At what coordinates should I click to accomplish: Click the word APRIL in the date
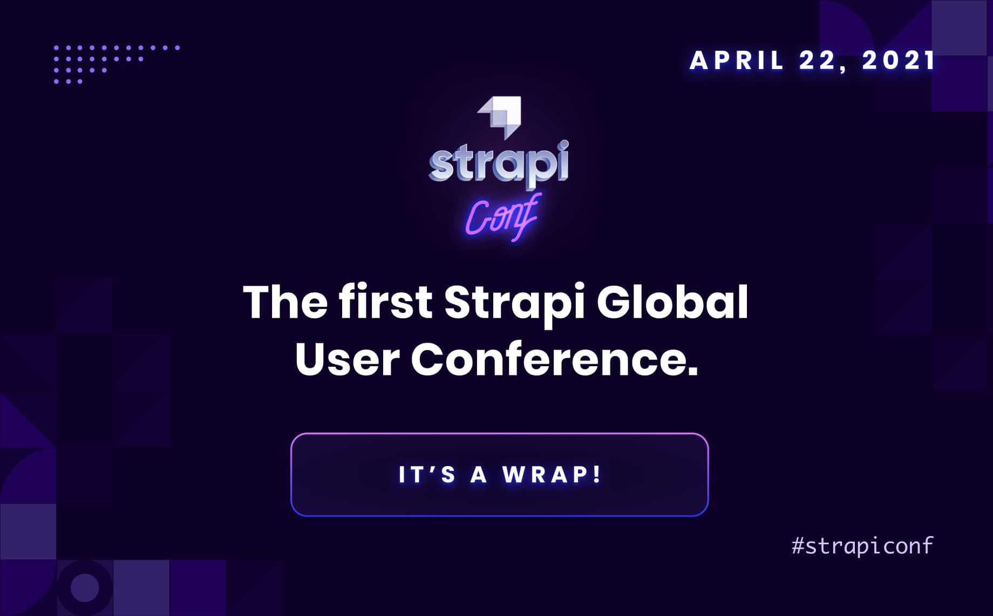736,60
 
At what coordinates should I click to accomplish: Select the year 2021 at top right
899,60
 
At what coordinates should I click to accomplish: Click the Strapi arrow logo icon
500,115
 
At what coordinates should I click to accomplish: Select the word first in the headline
385,302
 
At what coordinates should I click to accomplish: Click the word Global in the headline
672,302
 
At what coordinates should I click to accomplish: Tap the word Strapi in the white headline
514,303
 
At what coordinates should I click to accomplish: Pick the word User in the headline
347,360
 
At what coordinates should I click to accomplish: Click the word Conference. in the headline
555,360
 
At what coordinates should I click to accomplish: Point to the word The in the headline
285,302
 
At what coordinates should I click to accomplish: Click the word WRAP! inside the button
552,475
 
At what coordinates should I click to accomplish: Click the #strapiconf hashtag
862,546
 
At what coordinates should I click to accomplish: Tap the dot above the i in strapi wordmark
563,145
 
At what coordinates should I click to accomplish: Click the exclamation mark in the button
596,474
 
